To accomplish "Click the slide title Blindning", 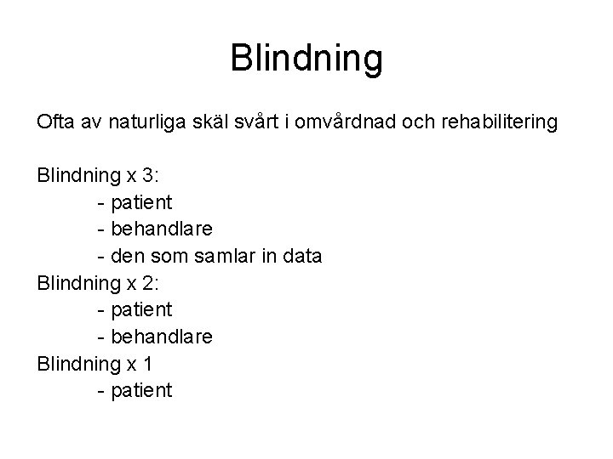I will (306, 59).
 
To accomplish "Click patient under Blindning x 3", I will (141, 203).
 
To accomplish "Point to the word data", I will (299, 257).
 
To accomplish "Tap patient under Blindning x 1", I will (141, 391).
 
